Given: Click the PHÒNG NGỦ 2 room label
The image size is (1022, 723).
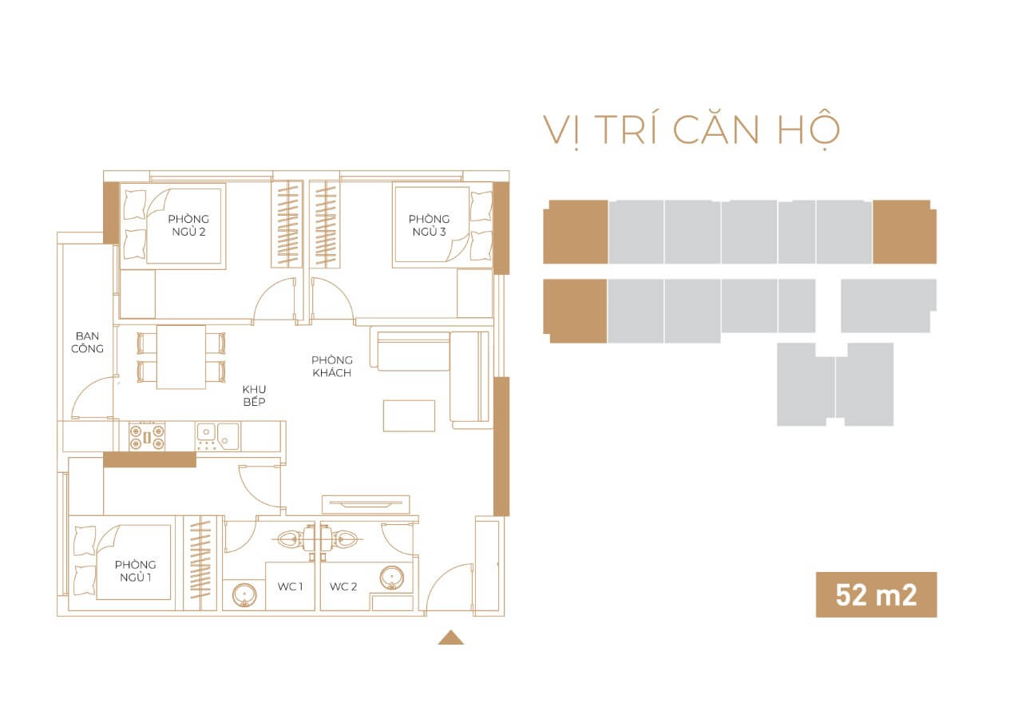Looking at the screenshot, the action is click(x=188, y=225).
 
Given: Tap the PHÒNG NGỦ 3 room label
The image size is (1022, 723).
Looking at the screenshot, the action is click(x=429, y=225).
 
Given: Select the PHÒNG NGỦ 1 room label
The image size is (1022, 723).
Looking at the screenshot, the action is click(x=136, y=570).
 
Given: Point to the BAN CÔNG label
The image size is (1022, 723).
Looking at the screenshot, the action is click(x=87, y=343).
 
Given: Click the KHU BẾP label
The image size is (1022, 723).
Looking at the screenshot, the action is click(x=254, y=395).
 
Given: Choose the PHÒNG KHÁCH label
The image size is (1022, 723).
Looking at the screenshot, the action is click(x=331, y=366).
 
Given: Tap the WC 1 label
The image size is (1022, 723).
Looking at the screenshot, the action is click(x=290, y=586).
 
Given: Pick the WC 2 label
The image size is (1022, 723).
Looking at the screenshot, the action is click(x=343, y=586).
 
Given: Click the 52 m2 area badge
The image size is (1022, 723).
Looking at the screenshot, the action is click(x=877, y=594).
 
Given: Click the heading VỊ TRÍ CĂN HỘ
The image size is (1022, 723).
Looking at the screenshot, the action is click(x=691, y=131).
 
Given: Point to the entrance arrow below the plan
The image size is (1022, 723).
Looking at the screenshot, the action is click(x=451, y=638).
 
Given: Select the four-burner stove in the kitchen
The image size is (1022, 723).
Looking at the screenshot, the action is click(x=147, y=437).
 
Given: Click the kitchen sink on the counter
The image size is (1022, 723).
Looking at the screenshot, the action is click(x=218, y=437).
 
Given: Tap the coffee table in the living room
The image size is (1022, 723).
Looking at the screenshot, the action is click(x=409, y=415).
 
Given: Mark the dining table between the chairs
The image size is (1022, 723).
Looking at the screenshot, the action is click(x=181, y=357).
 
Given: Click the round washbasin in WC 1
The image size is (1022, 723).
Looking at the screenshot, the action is click(x=244, y=595).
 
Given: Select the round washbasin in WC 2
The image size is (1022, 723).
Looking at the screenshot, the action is click(x=391, y=578).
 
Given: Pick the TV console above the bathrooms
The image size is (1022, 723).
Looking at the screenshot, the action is click(x=366, y=504).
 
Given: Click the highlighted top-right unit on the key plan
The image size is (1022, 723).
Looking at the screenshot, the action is click(x=905, y=232).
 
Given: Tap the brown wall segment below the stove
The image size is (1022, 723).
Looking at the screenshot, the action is click(x=149, y=459).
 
